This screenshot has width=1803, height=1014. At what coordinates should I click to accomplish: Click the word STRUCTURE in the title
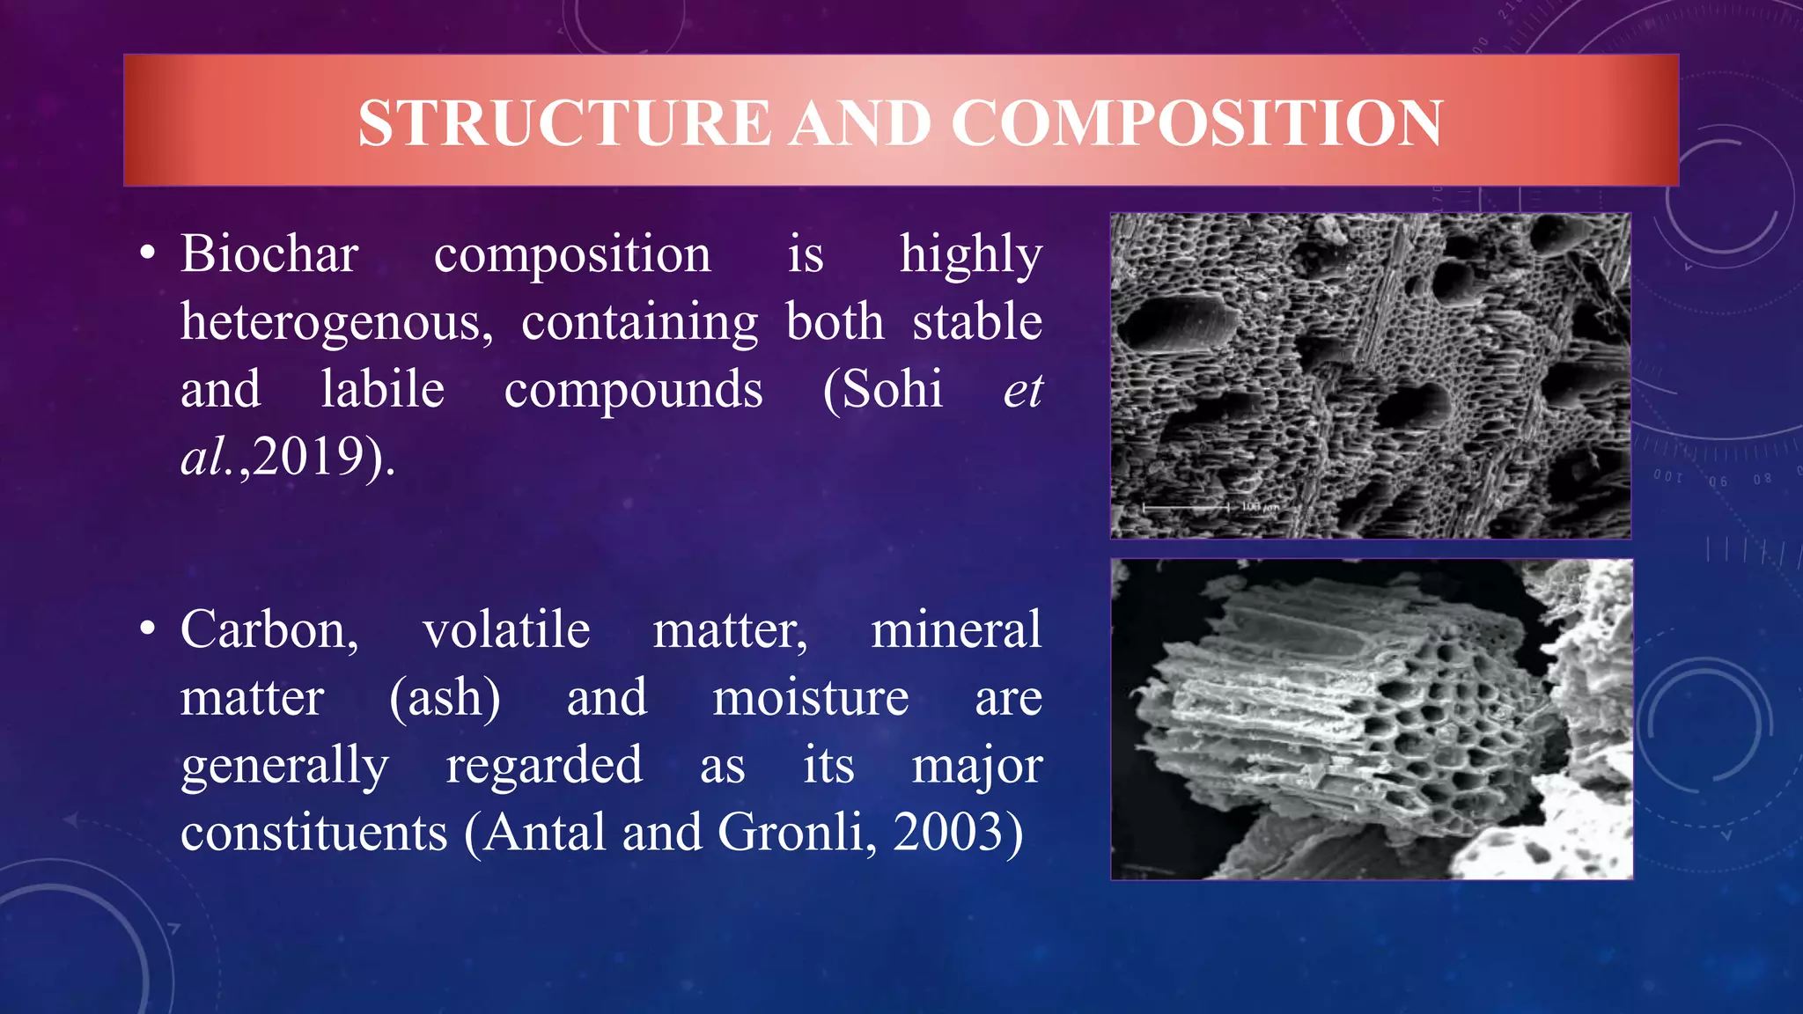tap(564, 122)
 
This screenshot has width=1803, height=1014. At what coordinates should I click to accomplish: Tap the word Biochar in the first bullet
tap(269, 254)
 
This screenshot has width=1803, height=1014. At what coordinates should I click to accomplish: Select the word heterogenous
tap(336, 322)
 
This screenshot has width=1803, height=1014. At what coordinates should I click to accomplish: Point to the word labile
tap(382, 389)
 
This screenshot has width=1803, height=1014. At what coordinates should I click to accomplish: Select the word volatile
tap(506, 630)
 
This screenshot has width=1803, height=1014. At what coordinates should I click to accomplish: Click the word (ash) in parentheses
tap(445, 698)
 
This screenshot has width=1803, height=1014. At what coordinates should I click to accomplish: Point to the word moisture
tap(810, 698)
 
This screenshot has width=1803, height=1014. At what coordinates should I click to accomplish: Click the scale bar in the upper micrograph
tap(1185, 508)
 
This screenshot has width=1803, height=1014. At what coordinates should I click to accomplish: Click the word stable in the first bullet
tap(976, 321)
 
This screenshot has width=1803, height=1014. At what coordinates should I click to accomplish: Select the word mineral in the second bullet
tap(955, 630)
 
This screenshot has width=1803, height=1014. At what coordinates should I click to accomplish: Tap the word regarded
tap(543, 766)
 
